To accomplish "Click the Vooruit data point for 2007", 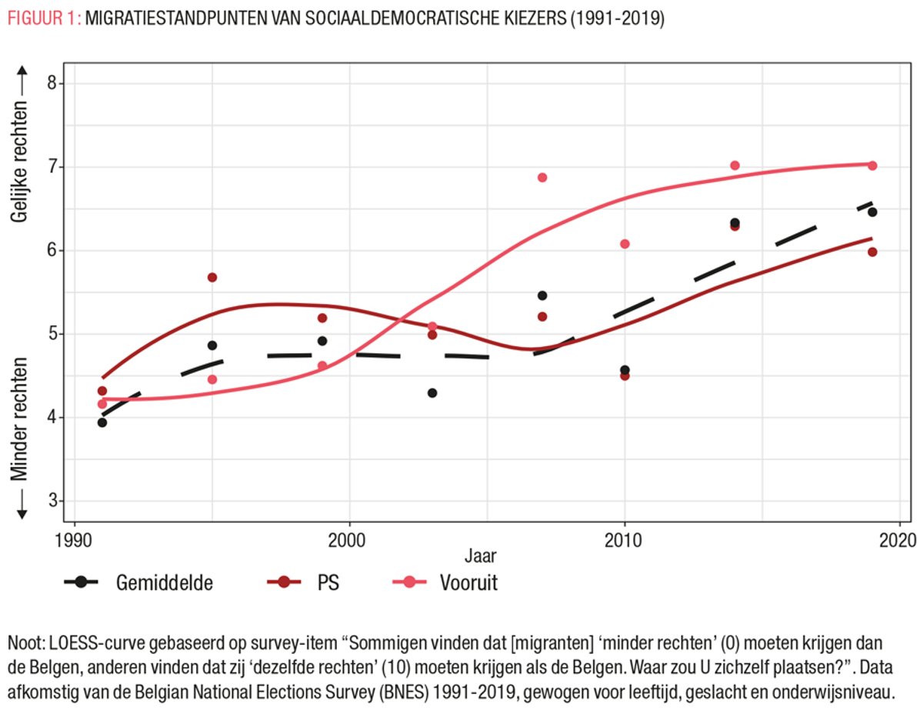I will [x=542, y=178].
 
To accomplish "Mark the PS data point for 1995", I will [x=212, y=277].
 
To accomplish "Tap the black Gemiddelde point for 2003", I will [x=432, y=393].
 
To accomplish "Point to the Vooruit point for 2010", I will [x=625, y=244].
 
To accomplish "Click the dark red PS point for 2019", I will [x=872, y=252].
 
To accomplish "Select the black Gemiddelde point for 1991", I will [x=102, y=422].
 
